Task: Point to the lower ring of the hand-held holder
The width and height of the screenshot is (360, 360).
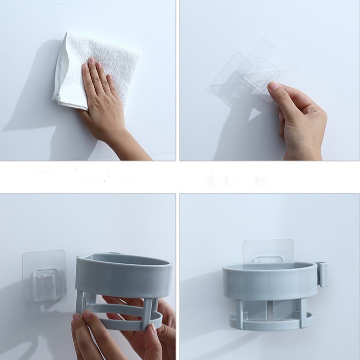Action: click(125, 319)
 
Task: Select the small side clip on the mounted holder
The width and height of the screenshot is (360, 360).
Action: click(323, 274)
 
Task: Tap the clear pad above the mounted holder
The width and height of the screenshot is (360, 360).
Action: click(268, 250)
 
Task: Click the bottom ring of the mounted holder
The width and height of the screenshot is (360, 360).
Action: click(269, 324)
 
